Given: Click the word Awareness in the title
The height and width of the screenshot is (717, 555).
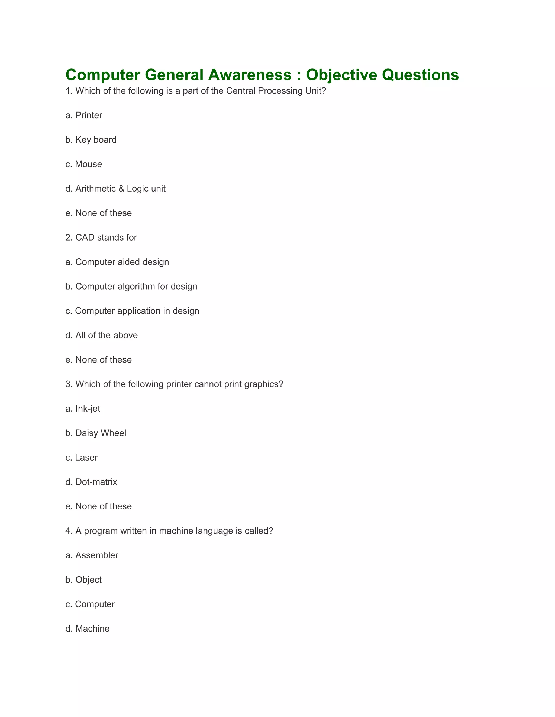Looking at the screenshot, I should pyautogui.click(x=250, y=75).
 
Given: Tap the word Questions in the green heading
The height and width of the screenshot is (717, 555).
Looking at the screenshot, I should pyautogui.click(x=420, y=75).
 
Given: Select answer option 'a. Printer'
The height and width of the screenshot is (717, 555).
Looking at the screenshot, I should pyautogui.click(x=84, y=115).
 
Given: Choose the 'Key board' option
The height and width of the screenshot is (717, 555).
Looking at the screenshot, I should pyautogui.click(x=96, y=140).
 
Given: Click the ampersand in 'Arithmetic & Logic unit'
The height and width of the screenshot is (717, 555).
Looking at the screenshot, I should pyautogui.click(x=121, y=189).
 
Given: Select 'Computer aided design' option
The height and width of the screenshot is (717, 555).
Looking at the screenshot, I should pyautogui.click(x=122, y=262).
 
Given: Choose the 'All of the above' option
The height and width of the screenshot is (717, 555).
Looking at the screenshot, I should pyautogui.click(x=106, y=335).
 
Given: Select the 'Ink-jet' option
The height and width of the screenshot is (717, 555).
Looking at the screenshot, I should pyautogui.click(x=88, y=409).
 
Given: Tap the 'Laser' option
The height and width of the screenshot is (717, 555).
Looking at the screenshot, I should pyautogui.click(x=86, y=458).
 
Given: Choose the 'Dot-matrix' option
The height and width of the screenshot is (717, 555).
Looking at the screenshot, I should pyautogui.click(x=96, y=482).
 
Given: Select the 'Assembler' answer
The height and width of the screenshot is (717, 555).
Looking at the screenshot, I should pyautogui.click(x=97, y=555).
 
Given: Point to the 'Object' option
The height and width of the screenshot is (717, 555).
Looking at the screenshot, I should pyautogui.click(x=88, y=580).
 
